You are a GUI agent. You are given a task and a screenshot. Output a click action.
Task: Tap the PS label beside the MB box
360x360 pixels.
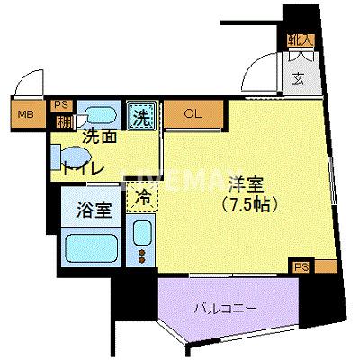point(62,103)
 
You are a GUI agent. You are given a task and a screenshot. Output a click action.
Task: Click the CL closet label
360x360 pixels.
point(193,114)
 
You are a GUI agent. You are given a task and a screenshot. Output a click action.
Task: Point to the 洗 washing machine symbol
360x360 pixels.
point(142,115)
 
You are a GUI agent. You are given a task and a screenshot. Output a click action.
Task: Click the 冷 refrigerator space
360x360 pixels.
point(142,193)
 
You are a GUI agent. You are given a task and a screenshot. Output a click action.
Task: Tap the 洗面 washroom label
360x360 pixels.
point(99,138)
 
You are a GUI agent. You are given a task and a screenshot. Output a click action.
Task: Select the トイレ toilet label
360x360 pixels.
point(84,167)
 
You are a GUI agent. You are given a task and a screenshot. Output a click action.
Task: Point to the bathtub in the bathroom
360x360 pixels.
point(93,247)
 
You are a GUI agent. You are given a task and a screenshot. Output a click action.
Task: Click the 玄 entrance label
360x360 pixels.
point(296,76)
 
